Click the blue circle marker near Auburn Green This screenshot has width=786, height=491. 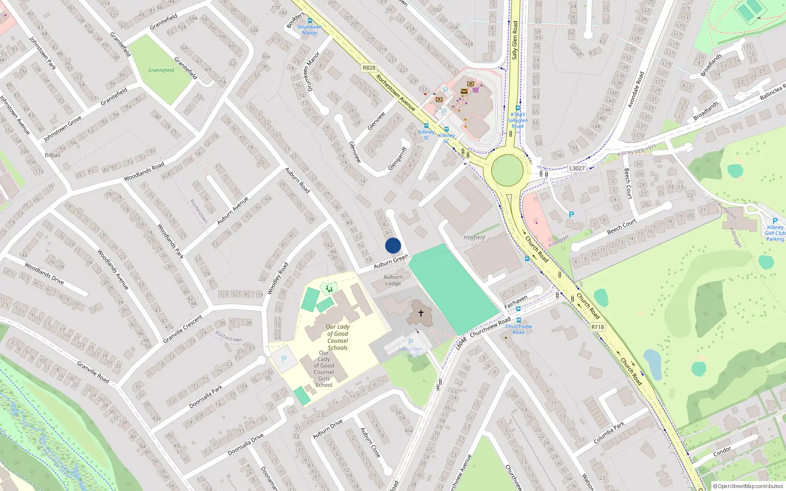click(x=393, y=245)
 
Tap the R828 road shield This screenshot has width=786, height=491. click(x=368, y=68)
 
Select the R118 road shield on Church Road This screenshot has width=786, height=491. click(x=597, y=327)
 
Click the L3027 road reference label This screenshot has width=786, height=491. click(x=577, y=168)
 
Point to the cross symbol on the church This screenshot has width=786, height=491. click(x=421, y=313)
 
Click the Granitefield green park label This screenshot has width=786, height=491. click(x=161, y=70)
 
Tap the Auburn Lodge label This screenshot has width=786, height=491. click(x=393, y=280)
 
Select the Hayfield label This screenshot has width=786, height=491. click(x=474, y=237)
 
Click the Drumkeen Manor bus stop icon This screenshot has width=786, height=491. click(x=309, y=21)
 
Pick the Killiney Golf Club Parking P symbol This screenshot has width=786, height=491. click(x=775, y=221)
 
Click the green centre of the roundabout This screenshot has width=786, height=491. click(x=507, y=170)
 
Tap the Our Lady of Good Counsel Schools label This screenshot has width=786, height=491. click(x=337, y=337)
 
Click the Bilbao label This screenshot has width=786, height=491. click(x=53, y=155)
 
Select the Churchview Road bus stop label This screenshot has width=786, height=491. click(x=518, y=329)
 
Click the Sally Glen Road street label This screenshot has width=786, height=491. click(x=515, y=40)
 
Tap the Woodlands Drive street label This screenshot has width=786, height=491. click(x=44, y=273)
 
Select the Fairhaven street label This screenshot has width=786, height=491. click(x=515, y=301)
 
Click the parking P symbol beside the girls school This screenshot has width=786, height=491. click(x=283, y=359)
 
